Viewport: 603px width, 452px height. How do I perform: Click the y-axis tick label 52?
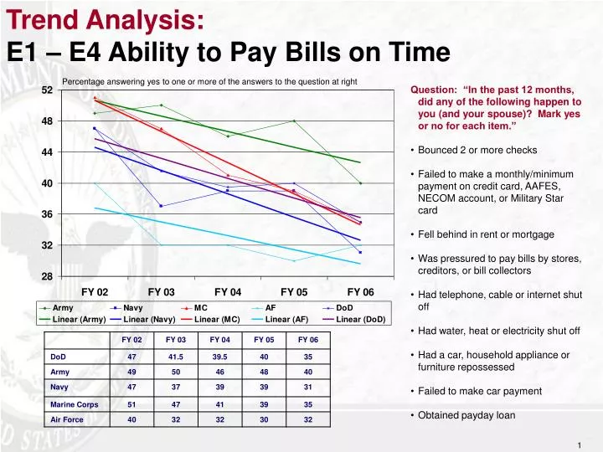47,90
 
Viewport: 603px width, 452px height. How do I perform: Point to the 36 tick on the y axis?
47,214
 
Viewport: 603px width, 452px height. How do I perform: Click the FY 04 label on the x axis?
228,292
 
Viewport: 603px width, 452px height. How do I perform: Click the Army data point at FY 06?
360,183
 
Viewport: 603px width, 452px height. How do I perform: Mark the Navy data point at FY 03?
162,206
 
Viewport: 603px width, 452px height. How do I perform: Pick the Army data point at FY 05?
294,121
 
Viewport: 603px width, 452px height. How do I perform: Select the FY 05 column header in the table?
264,340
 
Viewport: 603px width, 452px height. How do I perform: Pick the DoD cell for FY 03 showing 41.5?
176,356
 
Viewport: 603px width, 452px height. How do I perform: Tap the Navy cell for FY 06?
307,388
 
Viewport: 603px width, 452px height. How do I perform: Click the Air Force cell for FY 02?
131,419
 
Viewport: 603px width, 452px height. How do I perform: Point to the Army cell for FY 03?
176,372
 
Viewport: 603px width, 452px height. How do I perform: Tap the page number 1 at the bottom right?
580,444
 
